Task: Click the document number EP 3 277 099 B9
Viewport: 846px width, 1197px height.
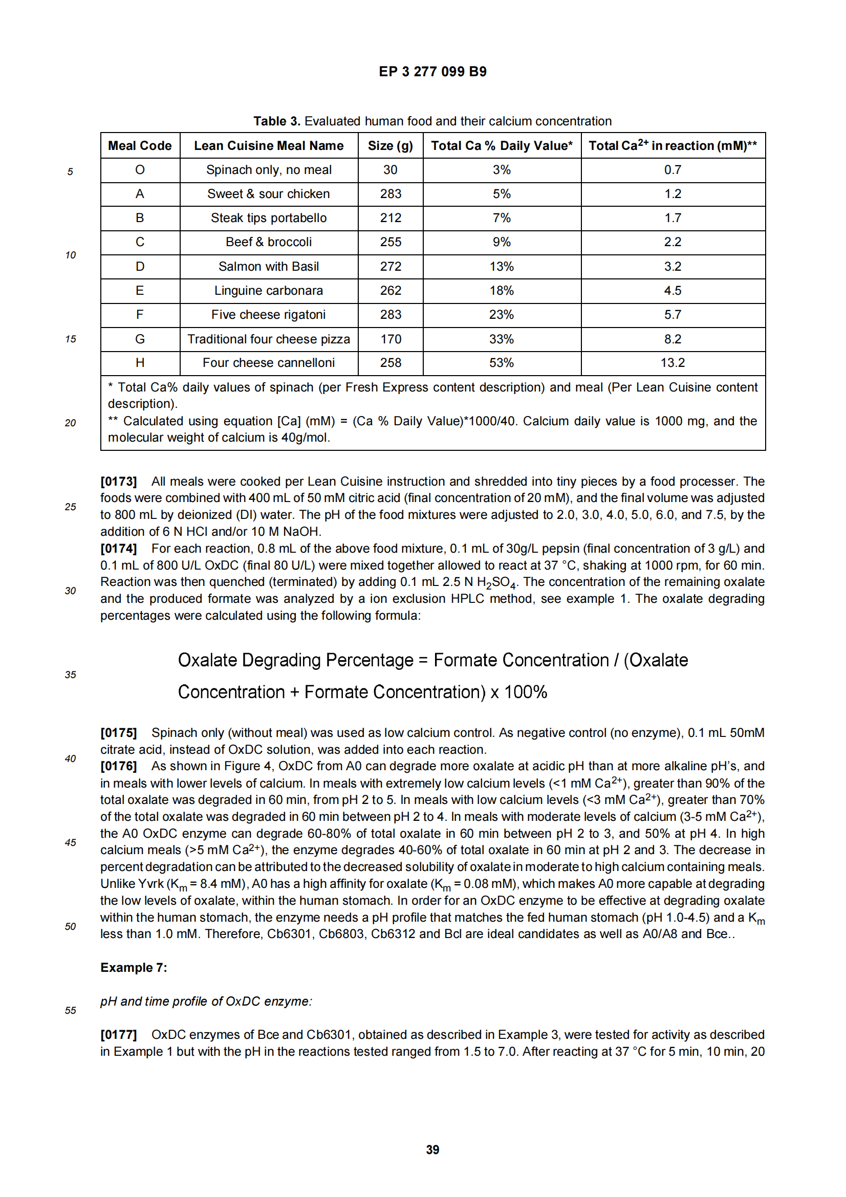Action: pyautogui.click(x=432, y=72)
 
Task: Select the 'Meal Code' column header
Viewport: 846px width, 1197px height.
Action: pyautogui.click(x=140, y=145)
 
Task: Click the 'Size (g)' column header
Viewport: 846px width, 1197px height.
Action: pyautogui.click(x=390, y=145)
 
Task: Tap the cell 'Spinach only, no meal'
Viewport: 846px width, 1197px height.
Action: pyautogui.click(x=269, y=170)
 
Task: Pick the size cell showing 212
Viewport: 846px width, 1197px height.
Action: pyautogui.click(x=391, y=218)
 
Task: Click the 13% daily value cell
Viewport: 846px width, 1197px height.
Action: pyautogui.click(x=502, y=267)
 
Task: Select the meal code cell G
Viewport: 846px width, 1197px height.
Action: pyautogui.click(x=140, y=339)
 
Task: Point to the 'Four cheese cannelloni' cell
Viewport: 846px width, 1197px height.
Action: pyautogui.click(x=269, y=363)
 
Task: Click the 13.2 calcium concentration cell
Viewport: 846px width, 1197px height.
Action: pyautogui.click(x=673, y=363)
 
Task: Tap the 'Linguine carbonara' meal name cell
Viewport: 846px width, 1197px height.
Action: pyautogui.click(x=269, y=290)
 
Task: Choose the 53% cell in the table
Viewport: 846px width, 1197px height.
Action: pyautogui.click(x=502, y=363)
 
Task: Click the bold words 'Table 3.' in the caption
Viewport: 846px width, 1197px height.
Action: pyautogui.click(x=276, y=121)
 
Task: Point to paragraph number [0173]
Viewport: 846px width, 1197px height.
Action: pyautogui.click(x=118, y=481)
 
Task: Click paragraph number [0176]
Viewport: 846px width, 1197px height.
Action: pyautogui.click(x=118, y=766)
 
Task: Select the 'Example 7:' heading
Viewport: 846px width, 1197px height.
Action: pyautogui.click(x=134, y=968)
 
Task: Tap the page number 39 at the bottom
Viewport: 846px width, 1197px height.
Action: pyautogui.click(x=432, y=1149)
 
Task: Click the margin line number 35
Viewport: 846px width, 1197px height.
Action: pyautogui.click(x=70, y=674)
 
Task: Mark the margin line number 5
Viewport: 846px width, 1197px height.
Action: pyautogui.click(x=70, y=171)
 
